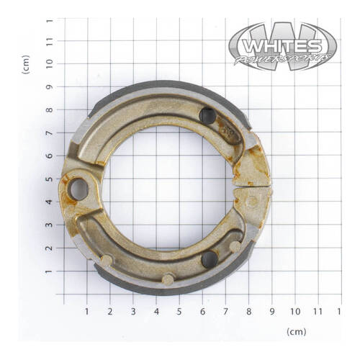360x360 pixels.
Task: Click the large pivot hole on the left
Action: [78, 189]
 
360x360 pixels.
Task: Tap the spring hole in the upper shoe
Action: [207, 116]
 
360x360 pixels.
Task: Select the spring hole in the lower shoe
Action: [209, 259]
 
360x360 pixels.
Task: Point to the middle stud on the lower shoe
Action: [168, 279]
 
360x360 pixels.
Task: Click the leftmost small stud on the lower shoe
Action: [107, 259]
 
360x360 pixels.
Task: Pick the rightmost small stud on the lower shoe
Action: [235, 246]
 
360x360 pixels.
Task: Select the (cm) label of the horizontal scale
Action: [296, 332]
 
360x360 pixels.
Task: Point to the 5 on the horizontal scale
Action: [179, 312]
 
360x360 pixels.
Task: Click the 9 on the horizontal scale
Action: [271, 312]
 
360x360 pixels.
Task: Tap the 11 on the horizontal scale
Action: [318, 312]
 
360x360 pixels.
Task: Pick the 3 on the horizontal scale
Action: [133, 312]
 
